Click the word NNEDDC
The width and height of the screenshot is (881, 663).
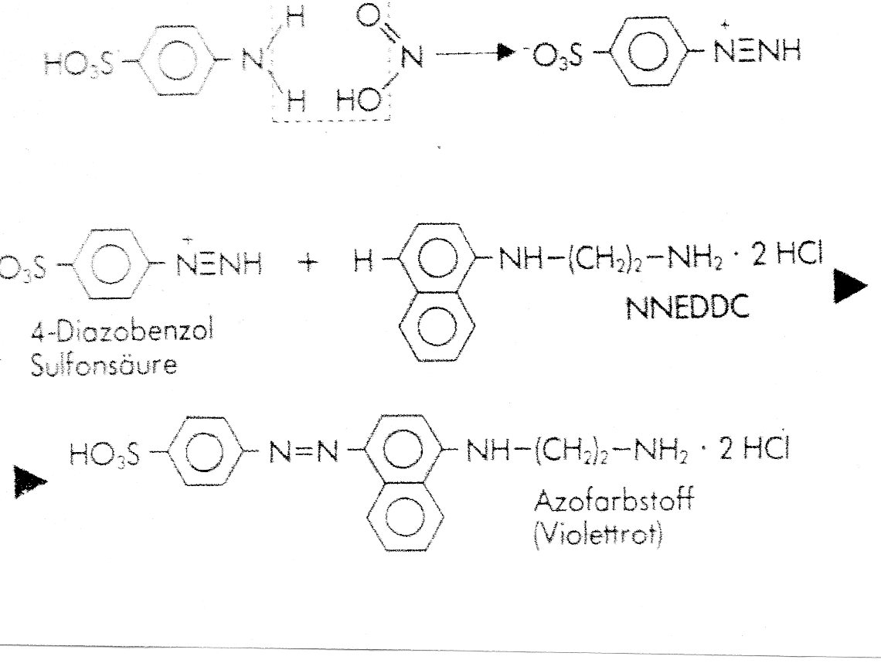coord(687,308)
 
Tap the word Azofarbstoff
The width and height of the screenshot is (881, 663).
coord(614,499)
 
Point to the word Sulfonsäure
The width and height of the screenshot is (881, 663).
coord(104,365)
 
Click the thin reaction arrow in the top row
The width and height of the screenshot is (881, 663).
coord(475,53)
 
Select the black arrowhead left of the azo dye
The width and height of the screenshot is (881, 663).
coord(30,481)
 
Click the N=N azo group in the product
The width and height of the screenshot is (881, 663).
coord(304,450)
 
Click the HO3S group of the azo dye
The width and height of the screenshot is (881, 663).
coord(104,454)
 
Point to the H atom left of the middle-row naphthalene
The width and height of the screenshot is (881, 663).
coord(363,262)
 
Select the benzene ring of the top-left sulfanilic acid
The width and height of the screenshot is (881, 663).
coord(175,61)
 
